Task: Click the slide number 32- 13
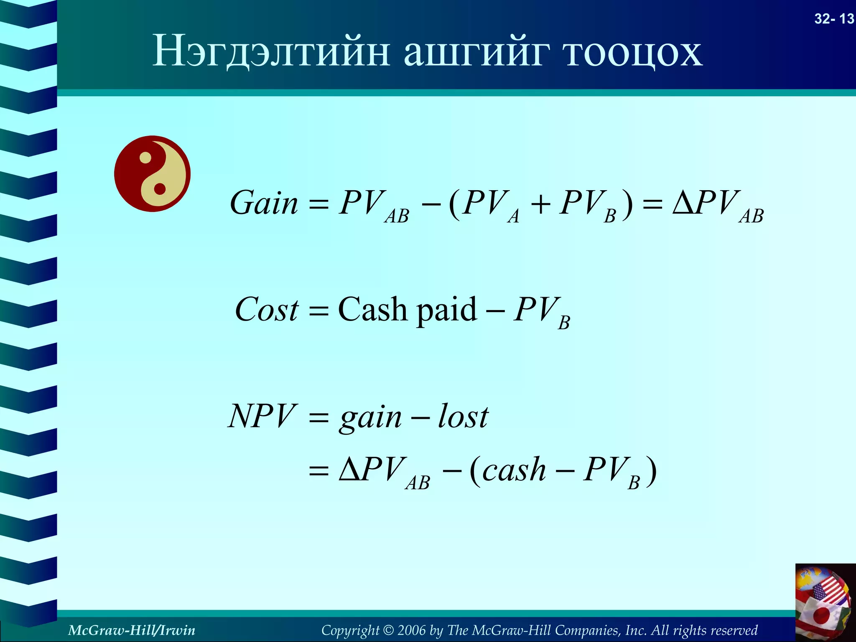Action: coord(834,19)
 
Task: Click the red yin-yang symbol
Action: coord(152,173)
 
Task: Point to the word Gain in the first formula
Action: coord(264,203)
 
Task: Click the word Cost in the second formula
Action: coord(267,310)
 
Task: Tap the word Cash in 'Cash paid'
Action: coord(372,310)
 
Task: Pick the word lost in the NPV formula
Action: coord(463,416)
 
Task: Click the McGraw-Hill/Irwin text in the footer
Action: coord(131,630)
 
